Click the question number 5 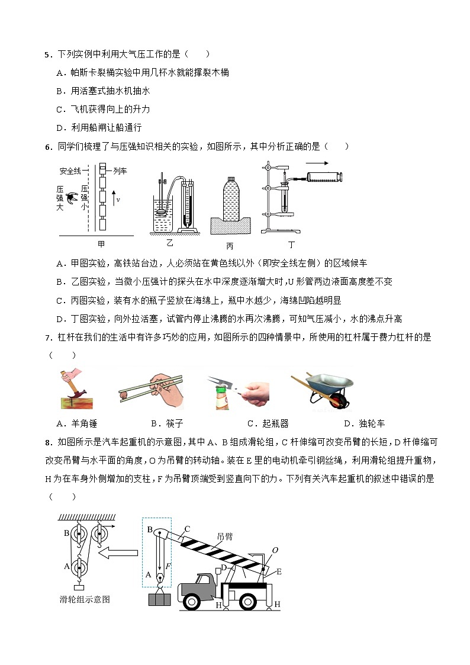point(47,55)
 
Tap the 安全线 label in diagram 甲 point(70,171)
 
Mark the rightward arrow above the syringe point(317,162)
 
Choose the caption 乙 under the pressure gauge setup point(170,242)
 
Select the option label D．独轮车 point(364,423)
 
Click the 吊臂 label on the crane point(225,536)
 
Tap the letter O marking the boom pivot point(275,550)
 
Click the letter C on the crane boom point(186,529)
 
